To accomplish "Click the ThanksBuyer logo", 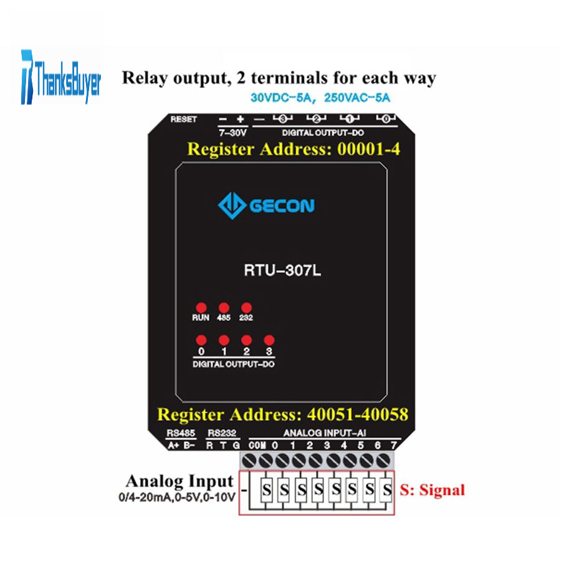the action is point(61,77).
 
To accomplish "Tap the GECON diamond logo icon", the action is point(231,205).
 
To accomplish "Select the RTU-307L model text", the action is point(282,270).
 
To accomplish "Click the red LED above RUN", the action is point(201,308).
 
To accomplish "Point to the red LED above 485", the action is point(224,308).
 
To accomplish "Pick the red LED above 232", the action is point(246,308).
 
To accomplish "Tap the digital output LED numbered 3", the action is point(269,340).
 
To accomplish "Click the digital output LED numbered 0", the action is point(201,340).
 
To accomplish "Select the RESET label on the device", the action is point(183,119).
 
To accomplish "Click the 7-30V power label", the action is point(233,133).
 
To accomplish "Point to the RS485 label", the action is point(181,433).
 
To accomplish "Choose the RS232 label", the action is point(222,433).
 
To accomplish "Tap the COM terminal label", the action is point(257,446).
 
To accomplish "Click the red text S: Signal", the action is point(432,490).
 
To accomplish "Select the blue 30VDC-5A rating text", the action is point(281,98).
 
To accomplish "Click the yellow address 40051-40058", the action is point(357,415).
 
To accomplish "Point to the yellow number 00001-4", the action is point(368,149).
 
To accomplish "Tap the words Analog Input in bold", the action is point(180,481).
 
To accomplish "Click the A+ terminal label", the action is point(173,446).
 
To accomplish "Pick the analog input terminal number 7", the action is point(394,446).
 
